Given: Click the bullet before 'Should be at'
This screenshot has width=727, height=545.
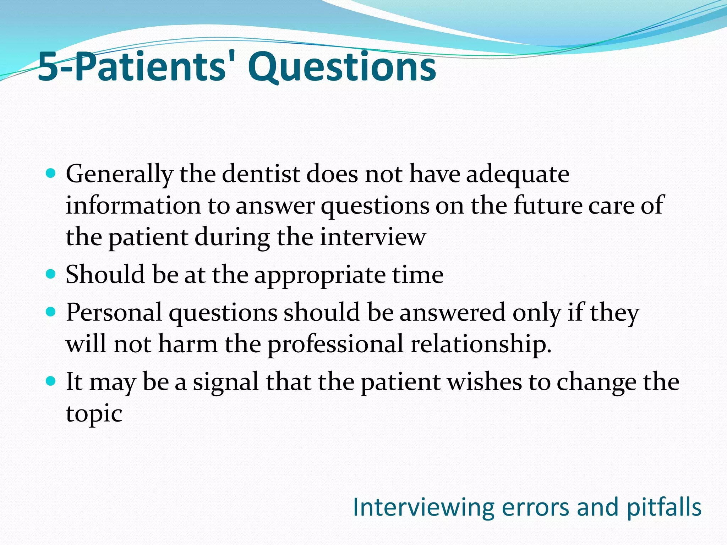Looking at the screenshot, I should [51, 274].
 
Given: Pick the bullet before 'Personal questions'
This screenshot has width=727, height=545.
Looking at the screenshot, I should [51, 312].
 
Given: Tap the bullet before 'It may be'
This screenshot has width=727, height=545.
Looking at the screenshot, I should [51, 381].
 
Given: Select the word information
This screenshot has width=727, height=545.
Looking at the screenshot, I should [133, 205].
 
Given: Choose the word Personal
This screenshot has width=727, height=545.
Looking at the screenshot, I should [114, 313].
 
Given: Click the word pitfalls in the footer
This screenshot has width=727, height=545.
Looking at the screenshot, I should [664, 507].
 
